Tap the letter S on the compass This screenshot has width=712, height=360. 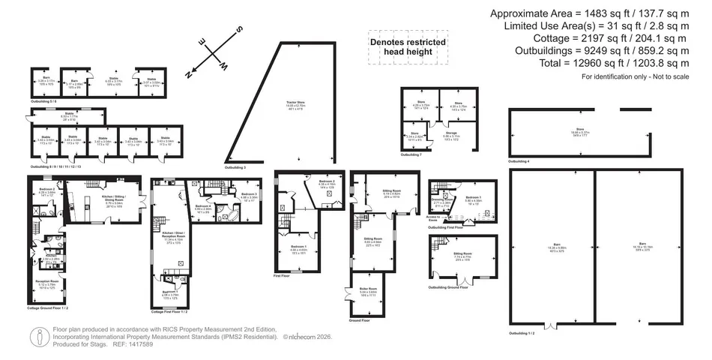click(239, 29)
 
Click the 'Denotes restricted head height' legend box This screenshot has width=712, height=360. click(408, 47)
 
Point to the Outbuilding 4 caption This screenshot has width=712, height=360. click(519, 161)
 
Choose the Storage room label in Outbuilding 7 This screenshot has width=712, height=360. click(451, 135)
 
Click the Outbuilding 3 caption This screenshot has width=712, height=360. click(235, 167)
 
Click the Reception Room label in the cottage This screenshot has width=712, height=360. click(46, 284)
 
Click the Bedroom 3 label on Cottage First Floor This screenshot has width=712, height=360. click(249, 196)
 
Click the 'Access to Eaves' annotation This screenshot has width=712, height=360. click(433, 217)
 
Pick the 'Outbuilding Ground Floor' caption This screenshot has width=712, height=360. click(453, 287)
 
